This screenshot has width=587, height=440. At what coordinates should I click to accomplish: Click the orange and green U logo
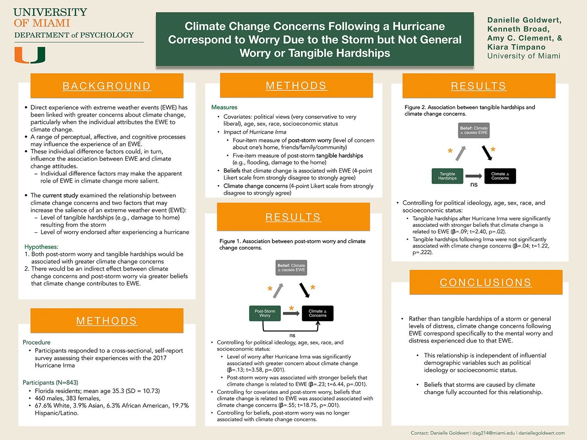(x=30, y=55)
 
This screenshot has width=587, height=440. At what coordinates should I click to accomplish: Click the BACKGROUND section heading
(x=106, y=86)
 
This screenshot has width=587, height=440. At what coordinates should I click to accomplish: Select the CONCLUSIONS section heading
(x=486, y=282)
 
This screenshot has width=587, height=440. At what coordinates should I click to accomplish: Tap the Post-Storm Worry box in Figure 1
(x=265, y=313)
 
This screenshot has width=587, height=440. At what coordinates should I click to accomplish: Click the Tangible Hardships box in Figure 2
(x=447, y=176)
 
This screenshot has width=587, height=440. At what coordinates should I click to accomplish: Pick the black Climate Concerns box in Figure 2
(x=500, y=176)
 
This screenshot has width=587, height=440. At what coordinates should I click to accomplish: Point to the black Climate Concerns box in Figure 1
(x=317, y=313)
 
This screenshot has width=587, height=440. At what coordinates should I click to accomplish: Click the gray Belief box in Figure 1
(x=291, y=268)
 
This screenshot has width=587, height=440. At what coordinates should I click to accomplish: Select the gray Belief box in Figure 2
(x=474, y=130)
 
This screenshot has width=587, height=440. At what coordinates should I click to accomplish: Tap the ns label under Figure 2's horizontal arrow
(x=474, y=185)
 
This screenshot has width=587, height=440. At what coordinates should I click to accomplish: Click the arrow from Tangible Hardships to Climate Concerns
(x=474, y=176)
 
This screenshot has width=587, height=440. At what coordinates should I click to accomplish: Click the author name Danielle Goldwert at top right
(x=524, y=20)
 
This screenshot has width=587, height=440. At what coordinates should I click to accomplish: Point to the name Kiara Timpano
(x=516, y=47)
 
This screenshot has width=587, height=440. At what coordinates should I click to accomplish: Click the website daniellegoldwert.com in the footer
(x=542, y=433)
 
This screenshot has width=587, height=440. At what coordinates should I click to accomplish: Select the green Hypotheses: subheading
(x=41, y=247)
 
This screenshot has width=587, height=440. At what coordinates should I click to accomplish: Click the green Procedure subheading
(x=36, y=342)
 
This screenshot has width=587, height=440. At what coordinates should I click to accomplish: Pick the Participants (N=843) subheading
(x=50, y=383)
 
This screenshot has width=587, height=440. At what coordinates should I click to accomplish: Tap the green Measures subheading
(x=224, y=107)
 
